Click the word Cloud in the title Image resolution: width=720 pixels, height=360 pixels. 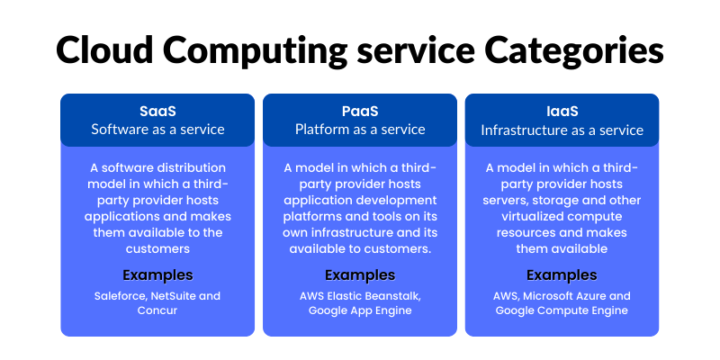point(104,49)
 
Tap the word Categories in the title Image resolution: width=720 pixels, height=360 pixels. point(574,51)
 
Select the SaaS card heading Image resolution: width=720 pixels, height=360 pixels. point(157,112)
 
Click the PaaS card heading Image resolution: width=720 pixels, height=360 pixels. point(360,112)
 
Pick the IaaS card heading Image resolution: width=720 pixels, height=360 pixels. point(562,112)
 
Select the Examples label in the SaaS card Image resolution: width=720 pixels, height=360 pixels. point(157,275)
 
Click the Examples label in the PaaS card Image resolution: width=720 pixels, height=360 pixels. point(360,275)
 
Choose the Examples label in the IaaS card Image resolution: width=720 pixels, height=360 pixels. point(562,275)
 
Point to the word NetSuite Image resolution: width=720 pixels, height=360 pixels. point(175,296)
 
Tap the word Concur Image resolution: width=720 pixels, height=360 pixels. point(157,310)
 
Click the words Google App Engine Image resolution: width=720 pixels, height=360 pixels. point(360,310)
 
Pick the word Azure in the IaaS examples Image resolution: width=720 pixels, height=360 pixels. point(588,296)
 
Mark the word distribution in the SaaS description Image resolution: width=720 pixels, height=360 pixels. point(189,168)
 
